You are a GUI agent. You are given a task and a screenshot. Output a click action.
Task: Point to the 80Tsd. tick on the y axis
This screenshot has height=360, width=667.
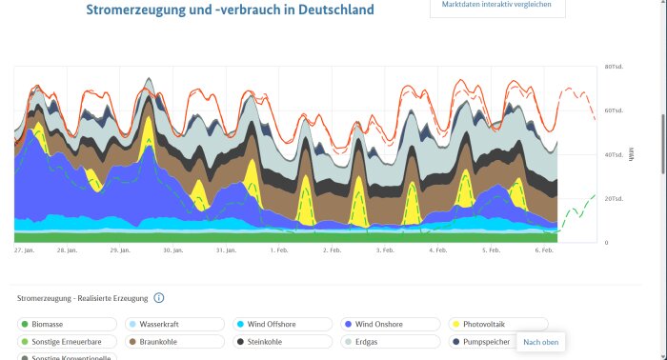click(613, 67)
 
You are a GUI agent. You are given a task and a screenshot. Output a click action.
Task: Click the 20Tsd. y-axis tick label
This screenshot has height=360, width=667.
click(613, 198)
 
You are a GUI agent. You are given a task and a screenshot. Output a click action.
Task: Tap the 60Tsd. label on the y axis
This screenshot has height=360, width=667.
click(613, 110)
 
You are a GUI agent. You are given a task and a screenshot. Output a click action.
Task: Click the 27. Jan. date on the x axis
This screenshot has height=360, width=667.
click(24, 250)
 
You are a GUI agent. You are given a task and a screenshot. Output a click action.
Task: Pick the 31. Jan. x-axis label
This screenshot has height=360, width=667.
click(226, 250)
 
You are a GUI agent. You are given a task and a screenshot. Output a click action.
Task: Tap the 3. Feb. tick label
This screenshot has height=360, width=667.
click(386, 250)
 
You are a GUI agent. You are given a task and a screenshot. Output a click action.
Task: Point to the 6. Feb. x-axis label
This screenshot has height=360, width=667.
click(545, 250)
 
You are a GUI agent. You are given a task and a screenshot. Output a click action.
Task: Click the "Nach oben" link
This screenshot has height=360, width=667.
click(540, 342)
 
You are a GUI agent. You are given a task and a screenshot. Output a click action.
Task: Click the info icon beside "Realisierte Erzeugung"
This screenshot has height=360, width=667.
click(159, 298)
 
